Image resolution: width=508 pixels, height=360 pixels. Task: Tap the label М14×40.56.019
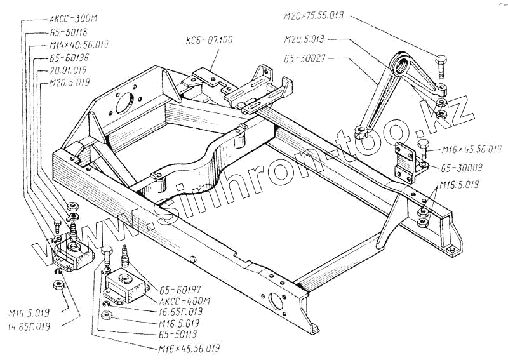[79, 44]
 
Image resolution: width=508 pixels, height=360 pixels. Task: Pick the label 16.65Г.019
[180, 312]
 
